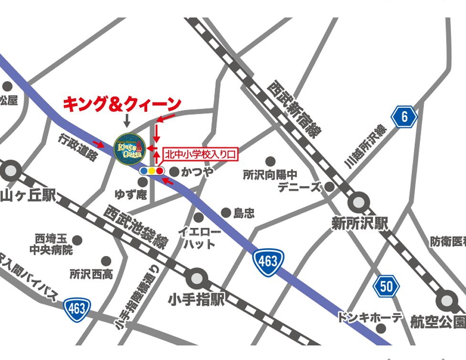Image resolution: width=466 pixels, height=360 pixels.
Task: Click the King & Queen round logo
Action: point(129,148)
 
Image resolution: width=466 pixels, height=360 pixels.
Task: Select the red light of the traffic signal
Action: point(159,170)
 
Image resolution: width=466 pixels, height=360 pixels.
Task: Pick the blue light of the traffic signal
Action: point(144,170)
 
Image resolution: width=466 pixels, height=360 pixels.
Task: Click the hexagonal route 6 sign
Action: point(404,117)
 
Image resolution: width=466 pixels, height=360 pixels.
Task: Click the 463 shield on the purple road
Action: point(268,261)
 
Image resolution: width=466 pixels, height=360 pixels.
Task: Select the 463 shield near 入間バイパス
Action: point(76,308)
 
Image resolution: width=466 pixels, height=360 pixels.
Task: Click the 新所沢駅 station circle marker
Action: point(359,202)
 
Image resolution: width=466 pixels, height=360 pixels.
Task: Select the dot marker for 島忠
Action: point(226,213)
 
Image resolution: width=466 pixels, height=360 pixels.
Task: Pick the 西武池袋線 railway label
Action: point(136,227)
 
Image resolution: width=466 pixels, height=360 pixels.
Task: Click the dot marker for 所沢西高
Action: point(106,261)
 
